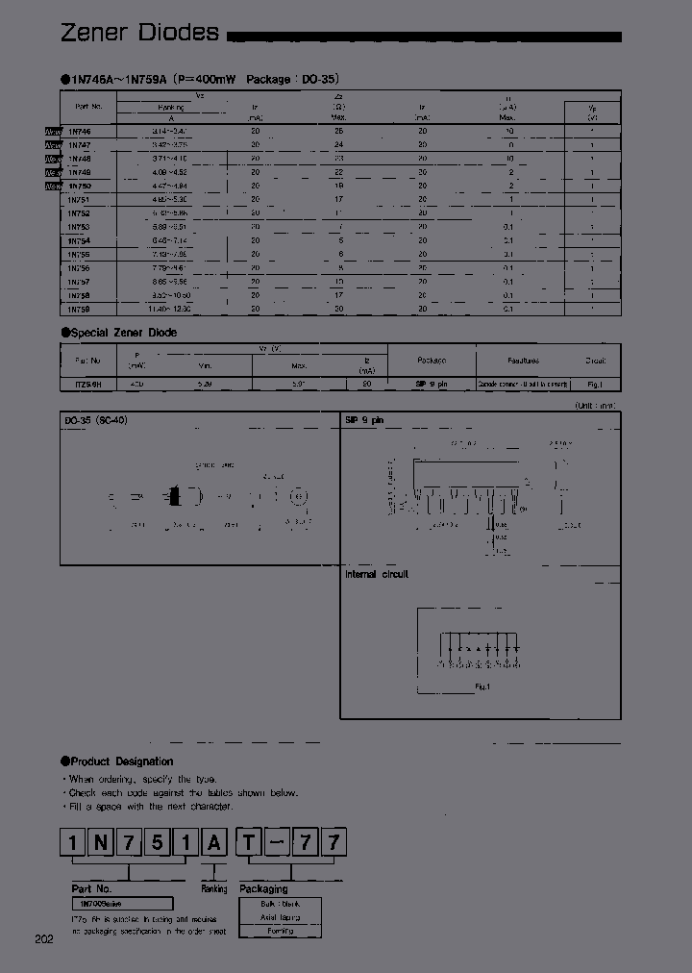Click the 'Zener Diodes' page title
[x=139, y=33]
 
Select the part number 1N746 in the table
[x=79, y=130]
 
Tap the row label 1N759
[x=79, y=310]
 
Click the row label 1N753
[x=79, y=227]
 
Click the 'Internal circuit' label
[x=377, y=574]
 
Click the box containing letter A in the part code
[x=215, y=844]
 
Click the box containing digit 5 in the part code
[x=159, y=844]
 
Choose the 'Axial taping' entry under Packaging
[x=280, y=917]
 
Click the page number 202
[x=43, y=938]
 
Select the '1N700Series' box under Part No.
[x=121, y=904]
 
